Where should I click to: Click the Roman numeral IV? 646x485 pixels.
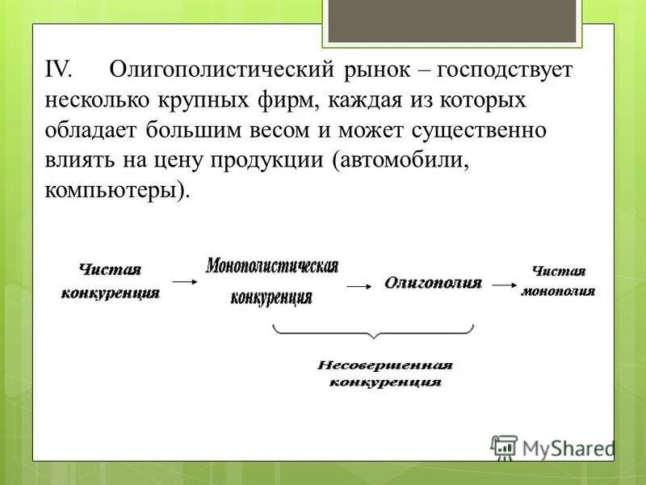59,70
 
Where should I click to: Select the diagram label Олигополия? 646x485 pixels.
433,284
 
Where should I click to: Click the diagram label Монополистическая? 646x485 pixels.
271,267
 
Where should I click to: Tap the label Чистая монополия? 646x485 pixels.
558,281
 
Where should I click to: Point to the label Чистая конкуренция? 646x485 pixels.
110,281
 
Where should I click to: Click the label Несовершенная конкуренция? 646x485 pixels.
385,373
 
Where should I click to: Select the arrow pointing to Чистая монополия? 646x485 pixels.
504,285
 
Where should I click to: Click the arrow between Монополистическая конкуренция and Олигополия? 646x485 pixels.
358,285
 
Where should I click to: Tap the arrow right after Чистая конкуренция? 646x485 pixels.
184,282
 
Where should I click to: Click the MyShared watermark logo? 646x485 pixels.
554,447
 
